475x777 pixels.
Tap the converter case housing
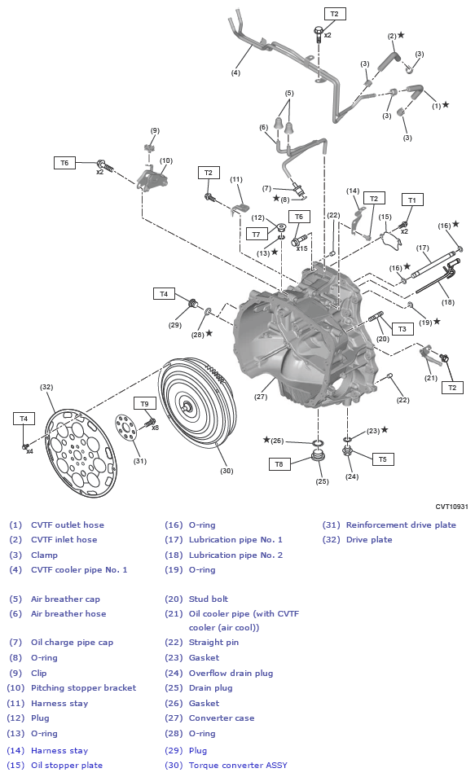(x=301, y=342)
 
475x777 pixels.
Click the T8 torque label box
(x=279, y=464)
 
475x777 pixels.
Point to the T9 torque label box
(x=144, y=403)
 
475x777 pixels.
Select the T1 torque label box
(x=411, y=200)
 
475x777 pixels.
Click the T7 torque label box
(x=256, y=234)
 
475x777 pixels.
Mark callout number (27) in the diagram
(x=260, y=397)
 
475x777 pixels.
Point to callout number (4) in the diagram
(x=235, y=72)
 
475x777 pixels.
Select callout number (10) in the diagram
(x=165, y=160)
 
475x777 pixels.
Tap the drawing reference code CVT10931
(x=451, y=506)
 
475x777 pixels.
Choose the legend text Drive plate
(x=368, y=539)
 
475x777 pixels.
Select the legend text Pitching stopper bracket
(x=83, y=687)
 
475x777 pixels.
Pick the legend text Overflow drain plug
(x=231, y=673)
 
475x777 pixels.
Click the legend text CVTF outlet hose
(x=68, y=525)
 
